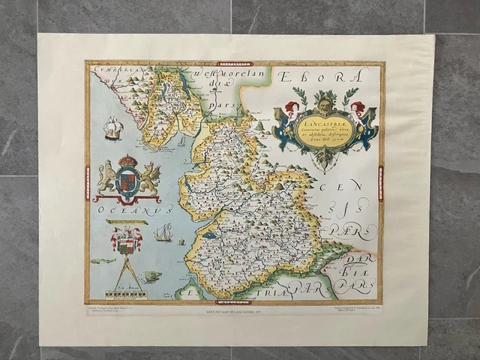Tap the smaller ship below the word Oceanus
pos(163,233)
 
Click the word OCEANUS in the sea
pos(124,211)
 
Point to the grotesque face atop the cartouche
pos(328,99)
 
